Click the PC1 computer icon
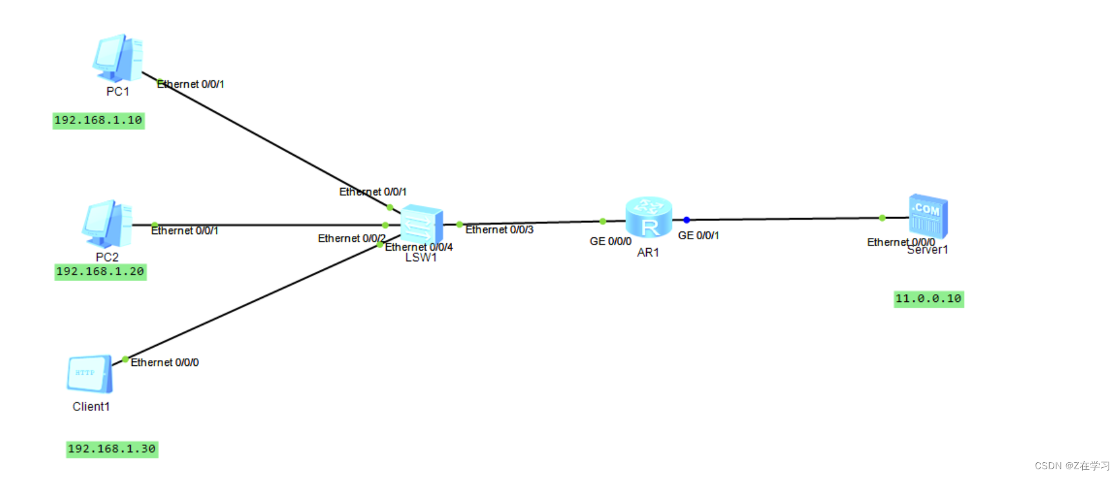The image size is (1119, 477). click(118, 58)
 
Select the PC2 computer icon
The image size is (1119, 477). click(107, 224)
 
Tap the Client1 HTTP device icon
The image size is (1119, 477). click(90, 374)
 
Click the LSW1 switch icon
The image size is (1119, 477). click(422, 225)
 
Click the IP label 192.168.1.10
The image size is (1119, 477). click(98, 120)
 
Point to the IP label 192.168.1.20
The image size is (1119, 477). click(100, 271)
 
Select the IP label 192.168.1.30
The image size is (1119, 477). click(112, 449)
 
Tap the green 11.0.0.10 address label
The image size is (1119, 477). click(928, 299)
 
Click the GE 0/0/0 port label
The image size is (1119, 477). click(610, 241)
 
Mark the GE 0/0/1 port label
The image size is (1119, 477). click(698, 235)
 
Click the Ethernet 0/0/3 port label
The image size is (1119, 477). click(499, 229)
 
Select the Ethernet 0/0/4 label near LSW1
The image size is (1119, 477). click(419, 247)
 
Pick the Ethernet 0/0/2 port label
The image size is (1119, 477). click(351, 238)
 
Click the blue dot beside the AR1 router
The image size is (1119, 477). click(686, 220)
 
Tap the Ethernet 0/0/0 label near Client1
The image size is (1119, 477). click(164, 363)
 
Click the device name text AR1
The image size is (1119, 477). click(648, 253)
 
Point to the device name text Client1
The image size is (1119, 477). click(91, 407)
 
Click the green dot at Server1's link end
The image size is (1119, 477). click(882, 218)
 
